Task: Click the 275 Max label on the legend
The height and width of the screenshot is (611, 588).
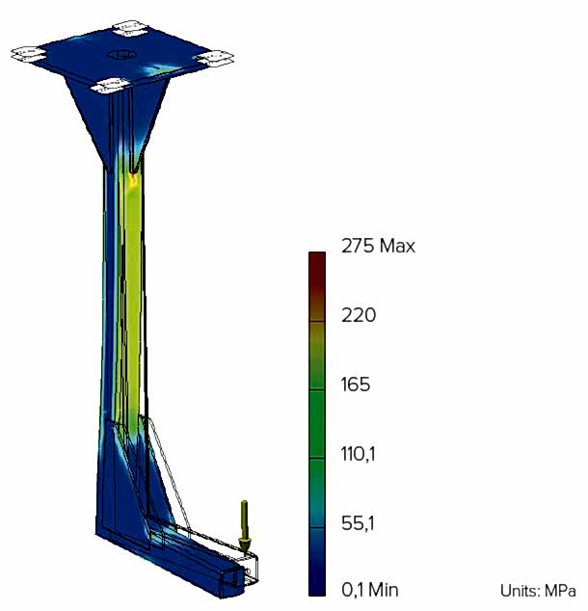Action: [378, 247]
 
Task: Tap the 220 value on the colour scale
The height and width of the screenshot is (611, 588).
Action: [359, 315]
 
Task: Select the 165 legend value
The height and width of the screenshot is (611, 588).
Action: [356, 385]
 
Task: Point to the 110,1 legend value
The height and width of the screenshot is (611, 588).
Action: [358, 454]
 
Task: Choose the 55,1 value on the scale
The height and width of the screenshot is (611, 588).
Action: [358, 523]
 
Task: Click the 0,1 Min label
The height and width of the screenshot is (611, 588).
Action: [370, 590]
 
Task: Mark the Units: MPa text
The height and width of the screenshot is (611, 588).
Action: [538, 591]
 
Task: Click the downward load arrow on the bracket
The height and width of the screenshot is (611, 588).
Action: [245, 527]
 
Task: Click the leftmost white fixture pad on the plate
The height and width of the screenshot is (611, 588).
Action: [28, 54]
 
